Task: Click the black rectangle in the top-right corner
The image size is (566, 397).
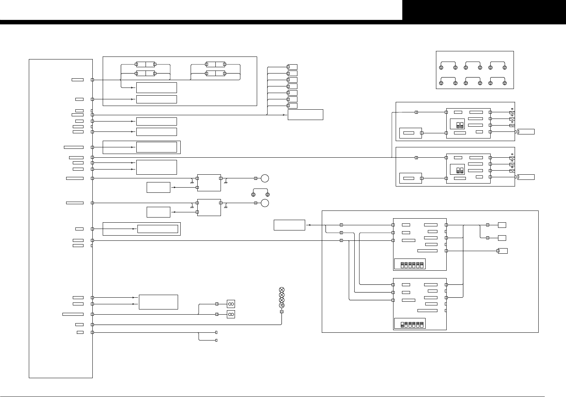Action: coord(484,10)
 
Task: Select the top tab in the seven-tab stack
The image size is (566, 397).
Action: coord(292,67)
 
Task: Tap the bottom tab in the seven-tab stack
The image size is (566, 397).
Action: coord(292,106)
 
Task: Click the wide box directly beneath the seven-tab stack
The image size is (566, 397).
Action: coord(305,114)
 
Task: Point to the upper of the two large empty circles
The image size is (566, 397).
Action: coord(265,178)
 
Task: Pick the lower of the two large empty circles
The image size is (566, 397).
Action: coord(265,203)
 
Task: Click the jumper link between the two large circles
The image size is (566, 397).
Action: coord(260,191)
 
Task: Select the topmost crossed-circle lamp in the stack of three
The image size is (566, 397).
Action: coord(282,290)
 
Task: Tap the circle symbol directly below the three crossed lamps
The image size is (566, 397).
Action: coord(282,305)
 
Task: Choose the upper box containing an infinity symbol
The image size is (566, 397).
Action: coord(231,304)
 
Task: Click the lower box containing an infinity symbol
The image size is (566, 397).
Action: coord(231,314)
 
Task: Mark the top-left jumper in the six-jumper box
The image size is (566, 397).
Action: coord(448,65)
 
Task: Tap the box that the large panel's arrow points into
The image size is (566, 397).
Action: coord(289,225)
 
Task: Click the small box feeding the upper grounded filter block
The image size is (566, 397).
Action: coord(158,187)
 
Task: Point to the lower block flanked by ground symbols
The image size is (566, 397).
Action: coord(209,208)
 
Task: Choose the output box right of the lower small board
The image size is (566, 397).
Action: coord(526,177)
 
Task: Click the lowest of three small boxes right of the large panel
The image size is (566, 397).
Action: coord(503,251)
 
